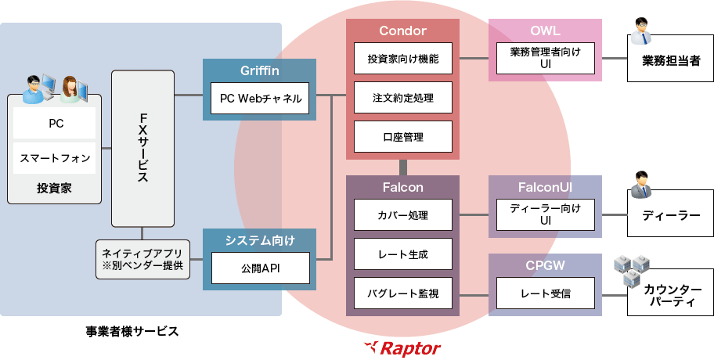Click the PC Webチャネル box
point(260,99)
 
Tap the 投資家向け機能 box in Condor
point(402,58)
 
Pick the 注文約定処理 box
point(402,98)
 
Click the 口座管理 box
point(402,137)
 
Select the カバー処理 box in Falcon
point(402,214)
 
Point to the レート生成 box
point(402,254)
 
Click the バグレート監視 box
point(402,294)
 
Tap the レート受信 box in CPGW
point(545,294)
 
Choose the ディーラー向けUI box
point(545,214)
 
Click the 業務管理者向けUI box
point(545,58)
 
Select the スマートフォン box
point(54,158)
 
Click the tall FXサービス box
point(142,148)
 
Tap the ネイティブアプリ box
point(142,259)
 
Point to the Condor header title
point(402,31)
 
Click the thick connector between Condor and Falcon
point(403,167)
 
